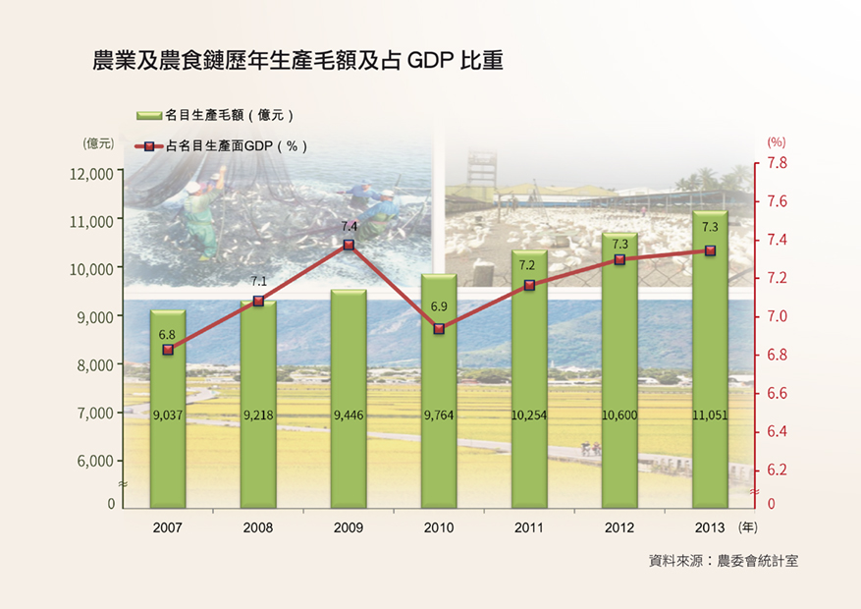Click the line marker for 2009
coord(349,245)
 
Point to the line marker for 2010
coord(439,328)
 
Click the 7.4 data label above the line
coord(349,226)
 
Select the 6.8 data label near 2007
coord(167,335)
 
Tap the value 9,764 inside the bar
coord(439,416)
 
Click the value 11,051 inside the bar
coord(710,416)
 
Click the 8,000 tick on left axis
coord(94,365)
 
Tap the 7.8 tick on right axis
coord(778,163)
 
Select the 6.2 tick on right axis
coord(778,471)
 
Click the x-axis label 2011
coord(529,528)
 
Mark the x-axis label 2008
coord(258,528)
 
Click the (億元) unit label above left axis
coord(99,143)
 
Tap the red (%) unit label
coord(776,143)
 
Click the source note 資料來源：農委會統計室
coord(724,561)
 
